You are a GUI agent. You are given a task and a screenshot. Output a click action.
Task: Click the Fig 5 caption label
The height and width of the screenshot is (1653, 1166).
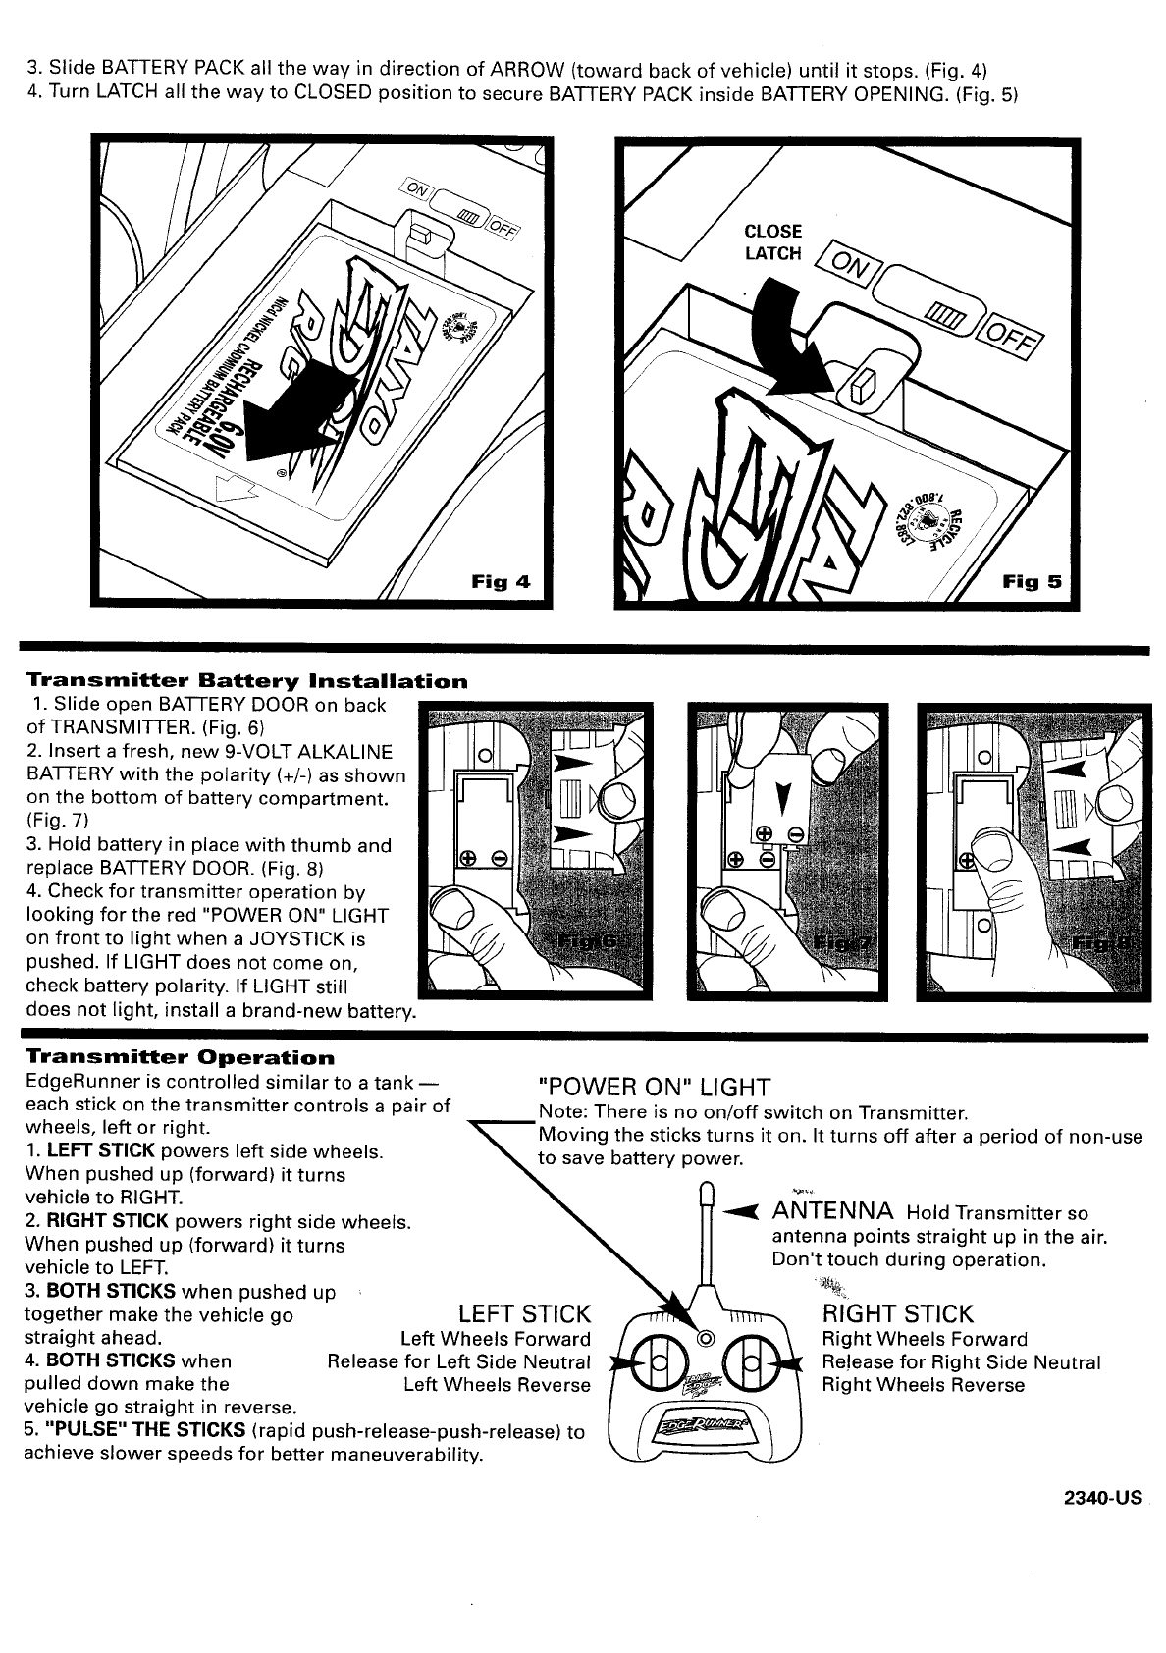(x=1032, y=581)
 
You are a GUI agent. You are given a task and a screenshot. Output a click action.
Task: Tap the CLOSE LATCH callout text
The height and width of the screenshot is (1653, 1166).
(x=773, y=242)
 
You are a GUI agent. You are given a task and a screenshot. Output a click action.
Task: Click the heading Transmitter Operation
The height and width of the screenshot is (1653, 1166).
(x=180, y=1058)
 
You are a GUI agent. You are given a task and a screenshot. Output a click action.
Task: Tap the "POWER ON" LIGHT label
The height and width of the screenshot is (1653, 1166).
(x=655, y=1087)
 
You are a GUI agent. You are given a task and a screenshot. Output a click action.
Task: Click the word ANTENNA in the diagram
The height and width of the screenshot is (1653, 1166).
(x=832, y=1211)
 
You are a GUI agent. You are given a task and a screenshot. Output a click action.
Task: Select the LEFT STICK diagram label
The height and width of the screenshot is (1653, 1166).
(x=525, y=1314)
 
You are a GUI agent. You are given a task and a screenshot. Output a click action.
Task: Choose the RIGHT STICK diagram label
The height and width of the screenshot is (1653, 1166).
(x=897, y=1314)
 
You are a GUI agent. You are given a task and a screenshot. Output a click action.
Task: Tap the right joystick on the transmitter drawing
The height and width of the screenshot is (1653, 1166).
(x=751, y=1363)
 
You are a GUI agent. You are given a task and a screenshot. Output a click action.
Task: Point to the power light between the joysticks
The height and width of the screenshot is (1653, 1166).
(x=705, y=1340)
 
